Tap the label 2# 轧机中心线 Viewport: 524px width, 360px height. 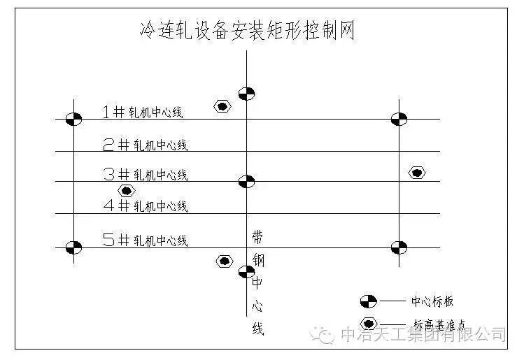coord(145,145)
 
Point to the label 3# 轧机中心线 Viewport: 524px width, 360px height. coord(145,174)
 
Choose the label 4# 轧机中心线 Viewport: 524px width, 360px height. coord(145,206)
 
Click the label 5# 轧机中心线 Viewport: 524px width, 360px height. coord(145,240)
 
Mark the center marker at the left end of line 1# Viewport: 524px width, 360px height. coord(73,119)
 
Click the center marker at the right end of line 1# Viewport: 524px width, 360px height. coord(399,119)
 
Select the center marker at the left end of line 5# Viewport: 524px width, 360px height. coord(73,247)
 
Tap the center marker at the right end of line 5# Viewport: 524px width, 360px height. coord(399,247)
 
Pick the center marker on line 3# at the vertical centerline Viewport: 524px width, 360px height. coord(246,182)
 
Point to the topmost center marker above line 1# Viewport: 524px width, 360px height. coord(246,93)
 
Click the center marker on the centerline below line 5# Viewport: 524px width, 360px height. coord(246,271)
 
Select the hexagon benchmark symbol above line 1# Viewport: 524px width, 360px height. coord(222,106)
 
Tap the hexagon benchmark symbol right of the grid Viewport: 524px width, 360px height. coord(417,173)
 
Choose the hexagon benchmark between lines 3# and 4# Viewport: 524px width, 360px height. coord(126,190)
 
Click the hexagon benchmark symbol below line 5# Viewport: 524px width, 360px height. coord(224,261)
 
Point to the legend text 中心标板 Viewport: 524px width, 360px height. coord(432,301)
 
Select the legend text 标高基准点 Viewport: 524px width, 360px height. coord(441,324)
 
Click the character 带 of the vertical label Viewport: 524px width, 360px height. coord(257,237)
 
